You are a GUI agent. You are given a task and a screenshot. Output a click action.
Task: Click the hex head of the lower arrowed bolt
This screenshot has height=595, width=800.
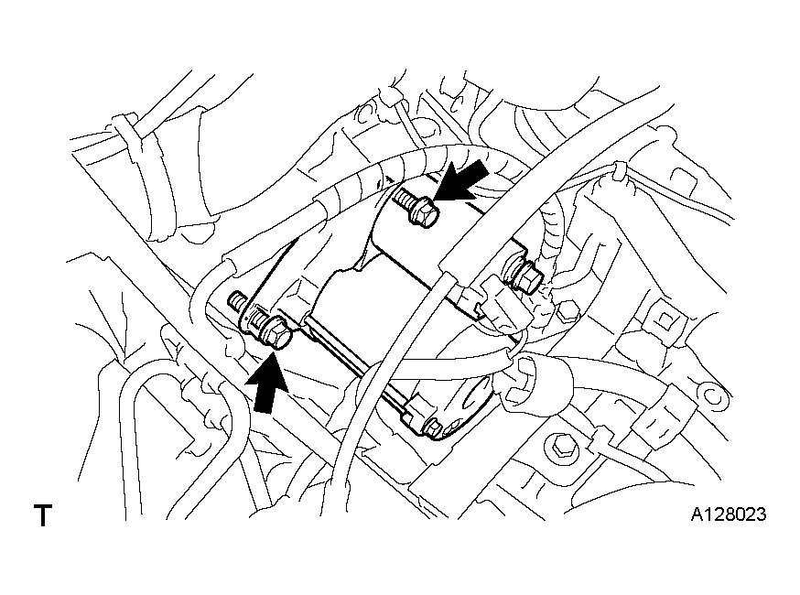pos(275,334)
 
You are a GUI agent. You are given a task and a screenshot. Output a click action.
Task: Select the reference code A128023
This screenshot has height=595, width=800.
pos(728,514)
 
